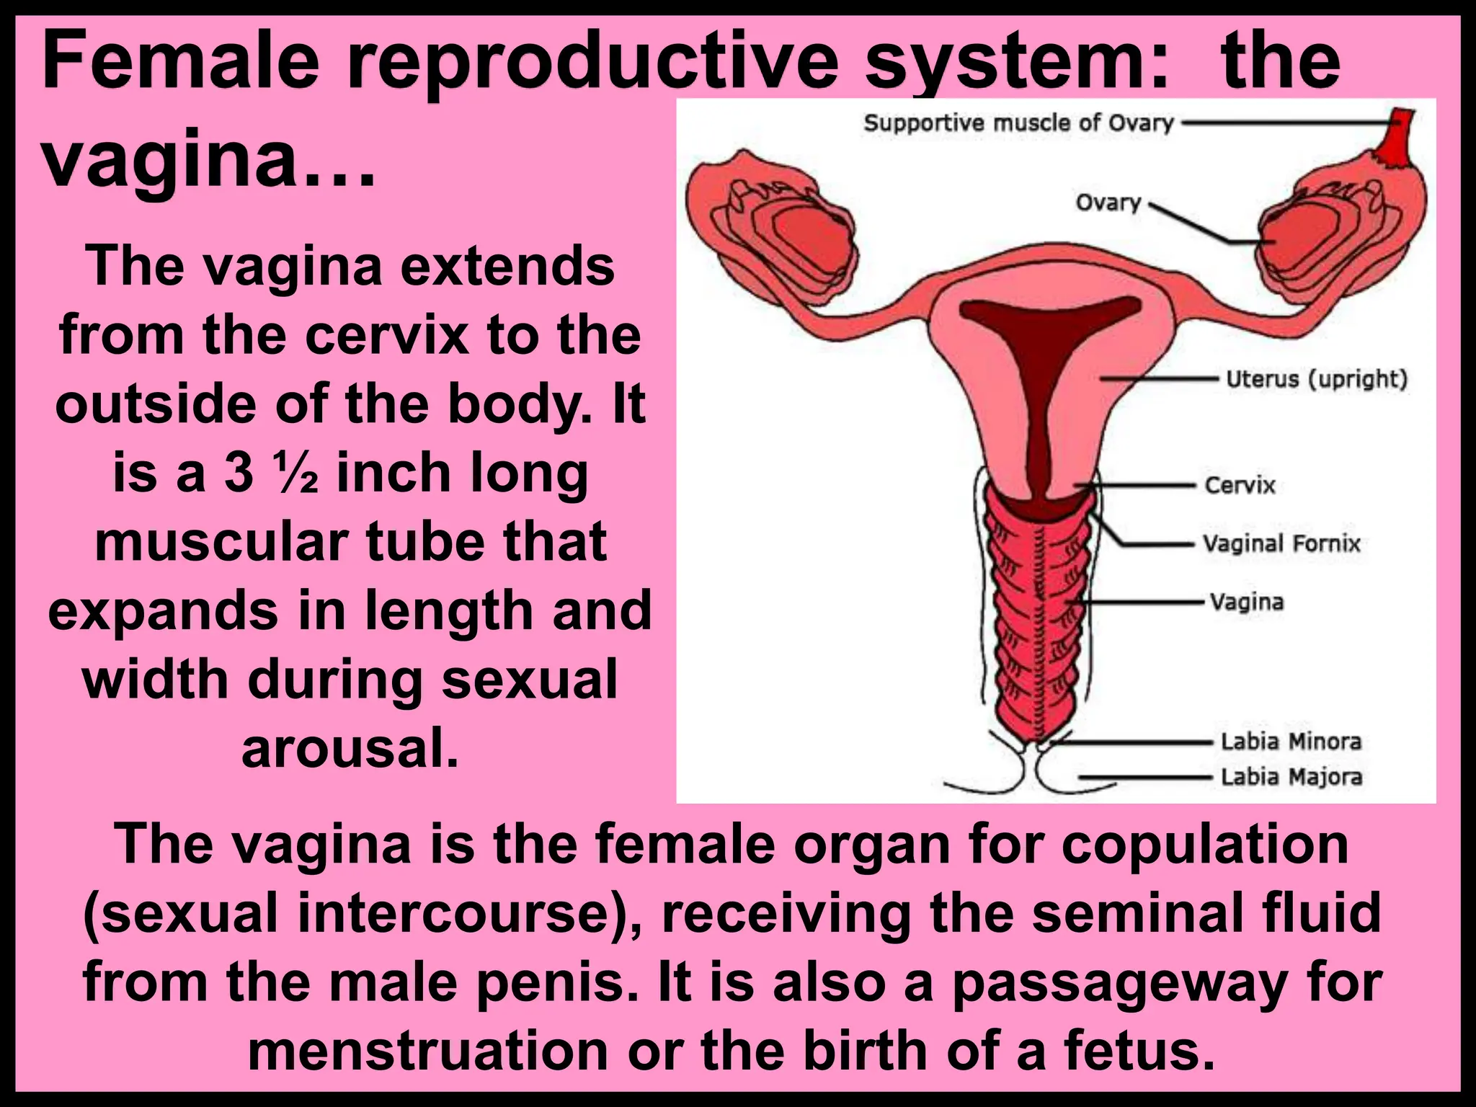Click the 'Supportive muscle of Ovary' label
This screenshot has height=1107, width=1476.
tap(1018, 123)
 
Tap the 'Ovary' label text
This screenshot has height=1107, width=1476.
tap(1108, 203)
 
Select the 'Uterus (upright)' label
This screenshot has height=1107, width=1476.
tap(1317, 378)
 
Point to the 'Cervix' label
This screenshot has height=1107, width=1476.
tap(1240, 485)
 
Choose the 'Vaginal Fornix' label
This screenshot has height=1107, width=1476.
tap(1281, 543)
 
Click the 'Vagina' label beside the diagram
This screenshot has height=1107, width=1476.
tap(1247, 602)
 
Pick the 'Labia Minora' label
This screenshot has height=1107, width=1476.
tap(1291, 741)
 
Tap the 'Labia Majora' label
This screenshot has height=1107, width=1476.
tap(1291, 777)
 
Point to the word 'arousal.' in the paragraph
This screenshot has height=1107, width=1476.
tap(350, 750)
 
